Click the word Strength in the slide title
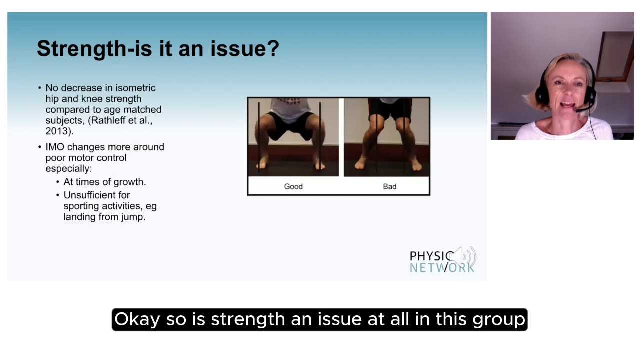click(81, 49)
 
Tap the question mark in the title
click(273, 49)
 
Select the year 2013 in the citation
click(58, 131)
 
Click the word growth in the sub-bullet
click(129, 182)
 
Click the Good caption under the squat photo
click(293, 186)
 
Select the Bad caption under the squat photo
click(389, 186)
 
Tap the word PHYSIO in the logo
click(431, 256)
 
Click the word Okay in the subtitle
click(137, 319)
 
